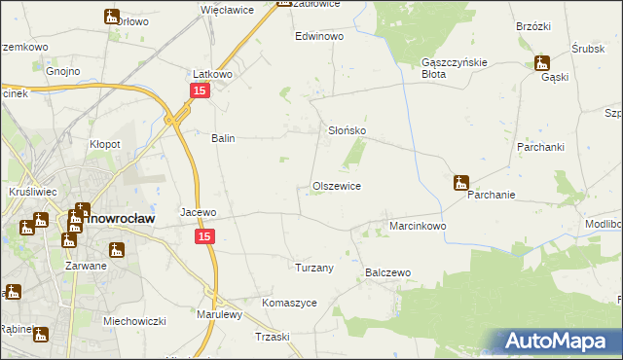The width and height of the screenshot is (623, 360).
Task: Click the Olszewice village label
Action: point(337,186)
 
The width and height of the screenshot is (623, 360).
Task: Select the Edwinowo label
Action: point(320,35)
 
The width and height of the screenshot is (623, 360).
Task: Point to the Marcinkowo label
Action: point(418,226)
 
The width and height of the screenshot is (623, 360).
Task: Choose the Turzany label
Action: point(314,268)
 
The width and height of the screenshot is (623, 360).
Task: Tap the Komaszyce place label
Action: point(289,303)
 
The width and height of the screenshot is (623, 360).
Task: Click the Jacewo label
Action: point(198,212)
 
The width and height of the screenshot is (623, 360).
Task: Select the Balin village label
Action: point(224,138)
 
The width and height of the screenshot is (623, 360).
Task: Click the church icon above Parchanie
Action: point(460,182)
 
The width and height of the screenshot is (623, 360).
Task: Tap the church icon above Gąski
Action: point(543,63)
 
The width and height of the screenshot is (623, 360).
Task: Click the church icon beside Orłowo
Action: point(112,16)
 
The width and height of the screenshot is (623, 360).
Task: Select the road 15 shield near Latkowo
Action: point(199,90)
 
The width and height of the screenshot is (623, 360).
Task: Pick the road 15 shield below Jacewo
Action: point(203,236)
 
